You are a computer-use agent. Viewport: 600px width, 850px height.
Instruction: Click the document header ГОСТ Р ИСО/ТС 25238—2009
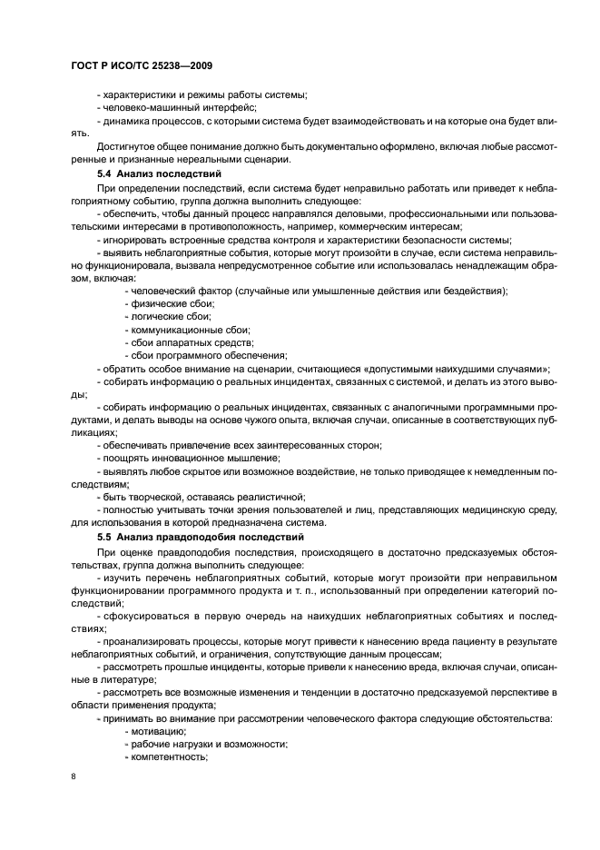coord(141,66)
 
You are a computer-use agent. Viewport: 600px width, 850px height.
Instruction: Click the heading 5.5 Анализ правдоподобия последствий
coord(199,538)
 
